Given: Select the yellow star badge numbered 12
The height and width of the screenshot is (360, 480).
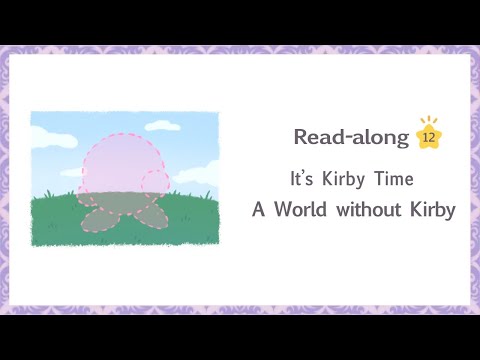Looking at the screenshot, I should (x=428, y=138).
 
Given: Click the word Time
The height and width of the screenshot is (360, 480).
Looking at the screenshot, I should (x=393, y=180).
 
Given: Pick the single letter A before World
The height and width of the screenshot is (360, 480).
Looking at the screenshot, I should (x=258, y=210).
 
